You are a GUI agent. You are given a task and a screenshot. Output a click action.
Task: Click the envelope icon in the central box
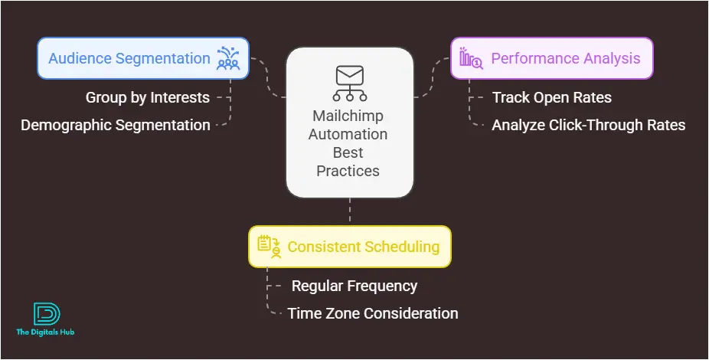[350, 83]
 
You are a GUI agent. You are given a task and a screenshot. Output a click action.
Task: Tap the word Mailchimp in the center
[348, 116]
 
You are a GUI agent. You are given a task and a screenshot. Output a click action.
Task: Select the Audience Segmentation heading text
[129, 58]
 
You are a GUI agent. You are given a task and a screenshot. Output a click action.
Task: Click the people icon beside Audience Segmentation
[228, 58]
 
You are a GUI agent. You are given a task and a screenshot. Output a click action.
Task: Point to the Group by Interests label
[148, 98]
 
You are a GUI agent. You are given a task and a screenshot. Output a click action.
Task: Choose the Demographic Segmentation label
[116, 125]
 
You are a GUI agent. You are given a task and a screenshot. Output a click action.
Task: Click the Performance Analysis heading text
[566, 58]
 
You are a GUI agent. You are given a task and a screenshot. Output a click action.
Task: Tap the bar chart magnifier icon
[471, 58]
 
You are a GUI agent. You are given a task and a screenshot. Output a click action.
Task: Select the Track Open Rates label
[551, 98]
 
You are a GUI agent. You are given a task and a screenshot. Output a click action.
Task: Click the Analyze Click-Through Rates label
[589, 125]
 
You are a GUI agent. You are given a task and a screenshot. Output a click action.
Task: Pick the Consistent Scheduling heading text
[364, 247]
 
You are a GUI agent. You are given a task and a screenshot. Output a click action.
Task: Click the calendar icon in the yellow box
[269, 247]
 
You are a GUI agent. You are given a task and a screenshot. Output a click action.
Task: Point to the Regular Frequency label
[354, 286]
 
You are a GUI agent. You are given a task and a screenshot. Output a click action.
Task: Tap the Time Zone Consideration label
[373, 313]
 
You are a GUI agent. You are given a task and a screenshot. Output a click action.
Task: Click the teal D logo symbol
[47, 314]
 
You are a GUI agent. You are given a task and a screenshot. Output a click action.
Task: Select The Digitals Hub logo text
[45, 332]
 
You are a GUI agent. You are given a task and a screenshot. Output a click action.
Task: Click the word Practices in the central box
[348, 171]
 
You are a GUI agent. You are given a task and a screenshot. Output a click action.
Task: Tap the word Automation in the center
[348, 134]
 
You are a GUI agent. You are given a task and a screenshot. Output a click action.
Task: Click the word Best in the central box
[348, 153]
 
